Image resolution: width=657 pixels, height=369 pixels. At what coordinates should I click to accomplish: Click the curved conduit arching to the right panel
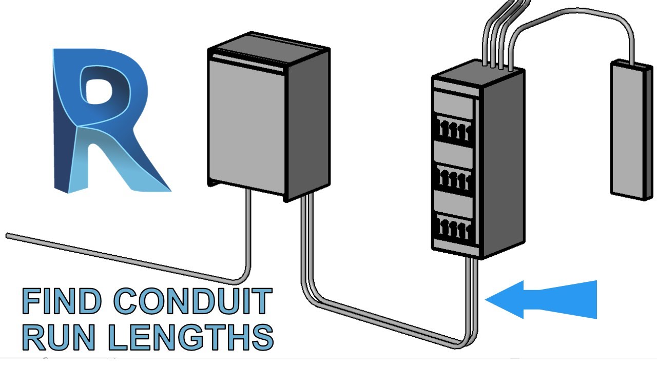575,23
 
